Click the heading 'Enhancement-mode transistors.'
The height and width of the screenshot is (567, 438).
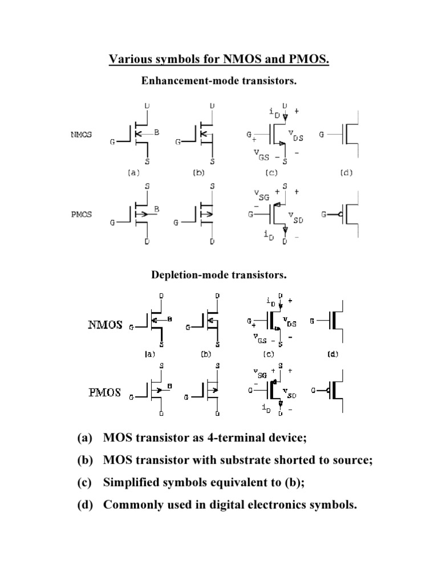click(219, 81)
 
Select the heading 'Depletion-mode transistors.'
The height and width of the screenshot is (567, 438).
click(219, 275)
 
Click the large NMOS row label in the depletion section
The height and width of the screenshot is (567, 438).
click(105, 326)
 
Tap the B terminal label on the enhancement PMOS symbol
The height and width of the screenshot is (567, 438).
click(157, 209)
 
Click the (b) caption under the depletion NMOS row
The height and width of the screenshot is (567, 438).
click(206, 354)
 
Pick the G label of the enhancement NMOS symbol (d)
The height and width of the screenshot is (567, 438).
click(322, 135)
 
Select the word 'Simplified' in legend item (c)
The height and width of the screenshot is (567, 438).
click(132, 483)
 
